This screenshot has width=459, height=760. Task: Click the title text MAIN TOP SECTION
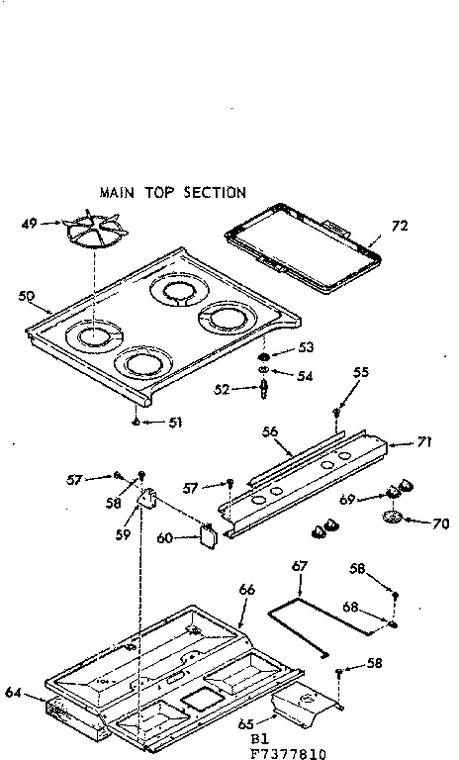pyautogui.click(x=172, y=192)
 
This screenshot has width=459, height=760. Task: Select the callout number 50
pyautogui.click(x=27, y=295)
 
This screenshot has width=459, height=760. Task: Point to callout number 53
pyautogui.click(x=306, y=348)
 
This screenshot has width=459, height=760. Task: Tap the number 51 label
pyautogui.click(x=174, y=423)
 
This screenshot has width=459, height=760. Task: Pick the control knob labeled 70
pyautogui.click(x=393, y=517)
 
